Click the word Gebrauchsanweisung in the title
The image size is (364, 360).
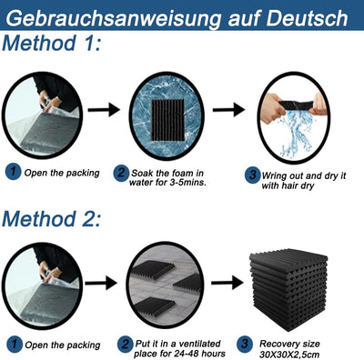(x=115, y=19)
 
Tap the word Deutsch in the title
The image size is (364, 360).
(x=307, y=18)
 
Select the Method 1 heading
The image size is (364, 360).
(x=51, y=43)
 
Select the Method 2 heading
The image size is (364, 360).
(x=51, y=218)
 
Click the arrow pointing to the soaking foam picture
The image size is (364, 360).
(x=104, y=109)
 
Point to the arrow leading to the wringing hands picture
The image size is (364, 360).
(x=228, y=109)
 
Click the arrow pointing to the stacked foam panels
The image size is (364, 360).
(x=227, y=283)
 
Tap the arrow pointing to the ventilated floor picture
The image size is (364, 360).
(x=101, y=283)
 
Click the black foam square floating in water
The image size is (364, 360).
(x=168, y=120)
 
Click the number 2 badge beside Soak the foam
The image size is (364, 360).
(x=121, y=174)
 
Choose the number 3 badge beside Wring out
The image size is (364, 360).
(x=253, y=175)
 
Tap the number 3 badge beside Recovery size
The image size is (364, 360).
(x=245, y=345)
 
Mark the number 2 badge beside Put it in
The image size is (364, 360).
(x=126, y=345)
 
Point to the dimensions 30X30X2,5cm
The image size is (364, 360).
(x=289, y=355)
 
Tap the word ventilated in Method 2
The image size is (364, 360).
(x=199, y=344)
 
